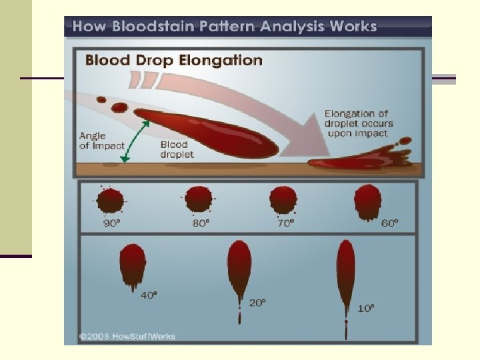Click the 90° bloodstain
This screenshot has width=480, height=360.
click(x=110, y=200)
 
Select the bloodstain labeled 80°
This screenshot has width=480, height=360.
click(x=199, y=199)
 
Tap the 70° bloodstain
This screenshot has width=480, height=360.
click(x=283, y=200)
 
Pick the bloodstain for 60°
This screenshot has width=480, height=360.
click(x=367, y=202)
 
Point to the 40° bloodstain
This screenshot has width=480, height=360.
click(x=133, y=265)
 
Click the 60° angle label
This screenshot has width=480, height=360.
click(x=390, y=223)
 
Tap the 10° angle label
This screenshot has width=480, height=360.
click(x=366, y=308)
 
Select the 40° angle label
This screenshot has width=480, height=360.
click(x=149, y=295)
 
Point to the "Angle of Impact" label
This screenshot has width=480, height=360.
click(x=102, y=141)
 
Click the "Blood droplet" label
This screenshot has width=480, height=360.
click(x=177, y=149)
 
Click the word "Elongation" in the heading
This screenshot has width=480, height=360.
click(x=221, y=60)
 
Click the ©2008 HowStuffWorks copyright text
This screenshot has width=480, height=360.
click(x=127, y=337)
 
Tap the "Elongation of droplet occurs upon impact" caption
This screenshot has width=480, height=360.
click(x=359, y=123)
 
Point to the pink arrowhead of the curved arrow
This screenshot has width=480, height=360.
click(x=309, y=138)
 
